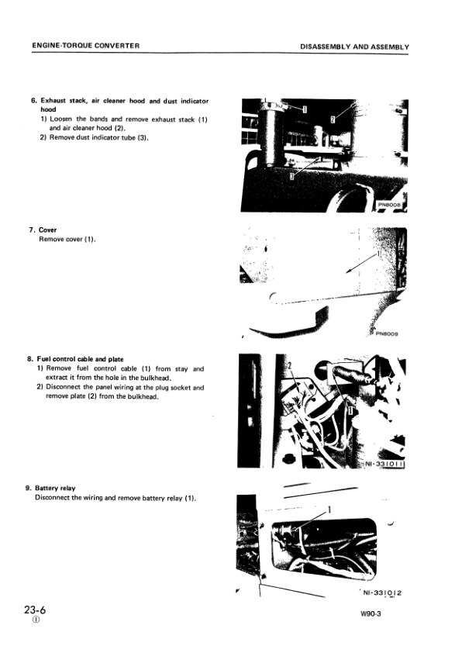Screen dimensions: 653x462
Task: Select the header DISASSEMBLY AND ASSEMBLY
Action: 354,47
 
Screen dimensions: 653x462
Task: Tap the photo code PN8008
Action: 392,206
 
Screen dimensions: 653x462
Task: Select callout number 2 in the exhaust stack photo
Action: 333,119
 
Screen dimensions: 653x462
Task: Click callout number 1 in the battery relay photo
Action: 330,510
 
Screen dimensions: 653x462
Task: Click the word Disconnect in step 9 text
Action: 53,497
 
